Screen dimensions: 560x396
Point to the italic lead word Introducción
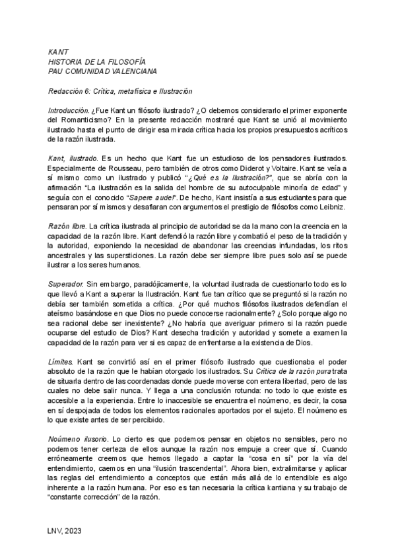[x=69, y=109]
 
